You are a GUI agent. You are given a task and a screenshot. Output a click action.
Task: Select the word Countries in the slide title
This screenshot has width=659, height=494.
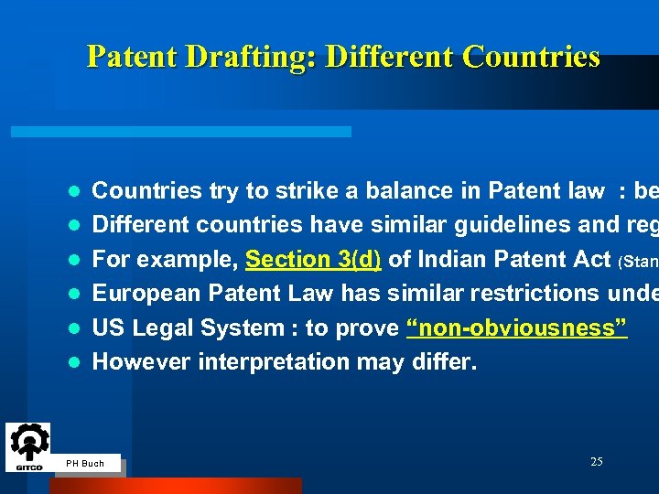pyautogui.click(x=532, y=57)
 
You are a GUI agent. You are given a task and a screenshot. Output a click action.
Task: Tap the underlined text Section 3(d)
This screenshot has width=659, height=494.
pyautogui.click(x=314, y=259)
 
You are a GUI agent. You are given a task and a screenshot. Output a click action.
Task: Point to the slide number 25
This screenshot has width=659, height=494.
pyautogui.click(x=596, y=462)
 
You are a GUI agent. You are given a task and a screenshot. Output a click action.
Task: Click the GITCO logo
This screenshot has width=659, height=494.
pyautogui.click(x=28, y=447)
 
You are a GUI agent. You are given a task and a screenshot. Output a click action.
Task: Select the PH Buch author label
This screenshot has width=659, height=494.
pyautogui.click(x=86, y=464)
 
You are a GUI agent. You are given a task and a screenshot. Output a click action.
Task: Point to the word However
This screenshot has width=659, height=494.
pyautogui.click(x=137, y=361)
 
